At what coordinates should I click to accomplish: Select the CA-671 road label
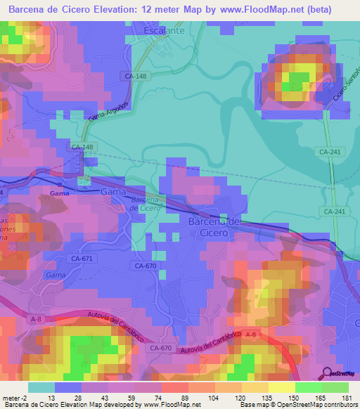tap(82, 259)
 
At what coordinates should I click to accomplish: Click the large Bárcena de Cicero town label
tap(214, 226)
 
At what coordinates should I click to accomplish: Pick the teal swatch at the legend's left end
tap(41, 387)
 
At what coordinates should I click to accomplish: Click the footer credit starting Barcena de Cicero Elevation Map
tap(81, 405)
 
